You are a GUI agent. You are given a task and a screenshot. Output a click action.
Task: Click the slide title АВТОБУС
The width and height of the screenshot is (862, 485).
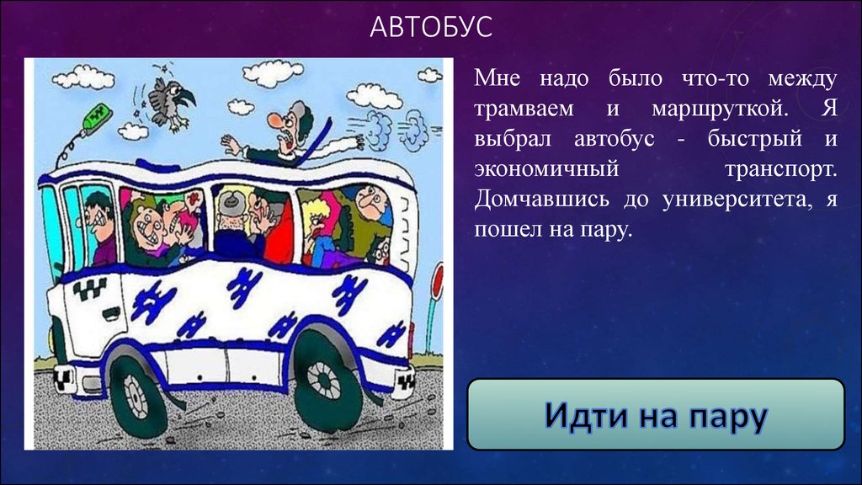tap(430, 27)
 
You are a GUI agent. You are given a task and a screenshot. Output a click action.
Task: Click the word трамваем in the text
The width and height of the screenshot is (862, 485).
tap(524, 109)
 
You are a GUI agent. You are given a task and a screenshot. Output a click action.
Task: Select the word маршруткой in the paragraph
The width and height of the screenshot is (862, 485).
tap(720, 109)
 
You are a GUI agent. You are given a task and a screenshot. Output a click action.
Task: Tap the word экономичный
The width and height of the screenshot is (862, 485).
tap(546, 168)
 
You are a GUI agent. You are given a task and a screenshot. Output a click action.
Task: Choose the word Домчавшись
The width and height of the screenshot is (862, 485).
tap(541, 199)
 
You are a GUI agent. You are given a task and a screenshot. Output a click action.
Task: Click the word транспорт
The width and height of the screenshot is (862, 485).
tap(780, 169)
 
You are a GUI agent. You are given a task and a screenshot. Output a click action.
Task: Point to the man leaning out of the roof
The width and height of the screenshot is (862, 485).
tap(291, 134)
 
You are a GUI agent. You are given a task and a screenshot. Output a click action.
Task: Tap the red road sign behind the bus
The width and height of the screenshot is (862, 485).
tap(438, 282)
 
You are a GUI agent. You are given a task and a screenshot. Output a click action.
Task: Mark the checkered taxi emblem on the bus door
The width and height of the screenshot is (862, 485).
tap(90, 290)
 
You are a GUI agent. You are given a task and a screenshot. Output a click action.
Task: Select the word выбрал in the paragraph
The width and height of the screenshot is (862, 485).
tap(513, 139)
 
